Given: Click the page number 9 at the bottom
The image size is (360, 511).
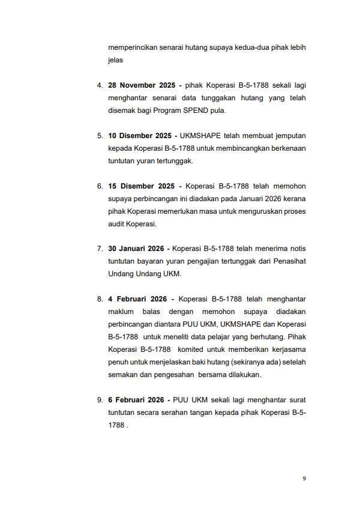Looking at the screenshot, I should click(x=304, y=479).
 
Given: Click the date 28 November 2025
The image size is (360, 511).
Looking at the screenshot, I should click(x=142, y=85).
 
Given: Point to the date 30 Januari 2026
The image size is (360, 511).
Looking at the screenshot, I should click(x=136, y=249).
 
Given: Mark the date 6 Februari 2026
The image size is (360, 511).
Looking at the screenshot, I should click(x=136, y=400).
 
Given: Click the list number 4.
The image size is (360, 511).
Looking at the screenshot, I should click(x=100, y=85).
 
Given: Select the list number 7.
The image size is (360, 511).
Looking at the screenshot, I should click(x=100, y=249).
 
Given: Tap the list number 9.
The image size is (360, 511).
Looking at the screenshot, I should click(x=100, y=400).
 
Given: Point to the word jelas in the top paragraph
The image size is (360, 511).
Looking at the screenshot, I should click(x=115, y=60).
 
